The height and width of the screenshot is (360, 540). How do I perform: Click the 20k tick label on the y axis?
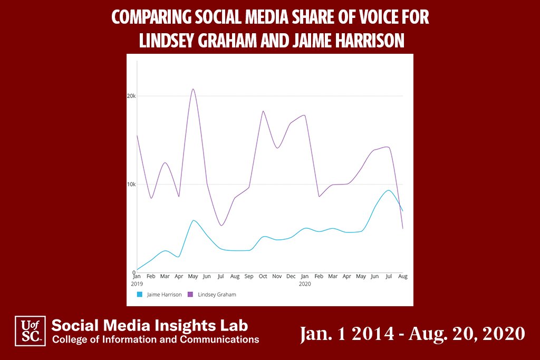tap(131, 96)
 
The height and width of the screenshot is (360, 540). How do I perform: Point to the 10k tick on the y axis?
tap(131, 184)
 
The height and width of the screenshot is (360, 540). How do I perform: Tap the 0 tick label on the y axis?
tap(133, 273)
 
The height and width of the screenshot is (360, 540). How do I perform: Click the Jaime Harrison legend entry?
tap(159, 295)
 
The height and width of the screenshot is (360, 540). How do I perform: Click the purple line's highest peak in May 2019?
tap(193, 89)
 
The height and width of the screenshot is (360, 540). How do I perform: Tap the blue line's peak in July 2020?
tap(388, 190)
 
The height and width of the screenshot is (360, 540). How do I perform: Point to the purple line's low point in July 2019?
tap(221, 226)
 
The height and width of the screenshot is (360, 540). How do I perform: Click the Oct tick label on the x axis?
tap(263, 276)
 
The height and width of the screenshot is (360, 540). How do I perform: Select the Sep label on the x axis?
tap(249, 276)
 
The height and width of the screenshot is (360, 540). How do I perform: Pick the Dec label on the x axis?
tap(291, 276)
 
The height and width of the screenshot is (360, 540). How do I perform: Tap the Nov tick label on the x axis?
tap(277, 276)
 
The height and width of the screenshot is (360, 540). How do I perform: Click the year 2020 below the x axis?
tap(305, 284)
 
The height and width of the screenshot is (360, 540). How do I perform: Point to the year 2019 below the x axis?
tap(137, 284)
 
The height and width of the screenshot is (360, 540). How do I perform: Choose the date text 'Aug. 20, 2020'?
tap(466, 333)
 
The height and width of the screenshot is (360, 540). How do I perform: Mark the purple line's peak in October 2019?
tap(263, 111)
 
